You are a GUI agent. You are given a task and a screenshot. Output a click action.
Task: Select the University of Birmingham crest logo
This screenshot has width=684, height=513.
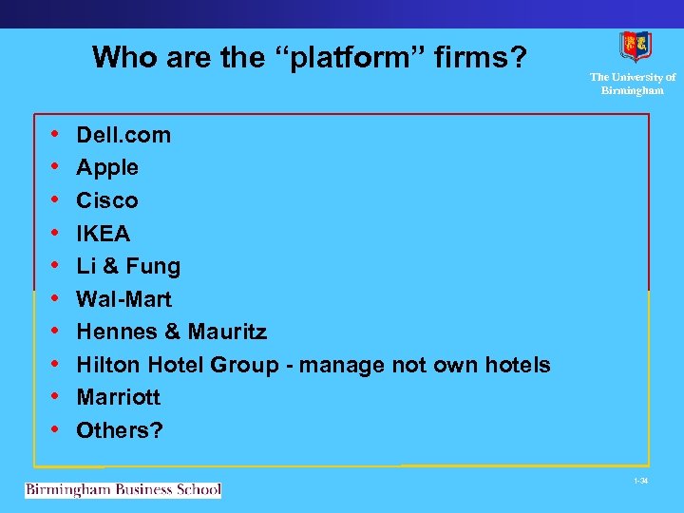(x=635, y=46)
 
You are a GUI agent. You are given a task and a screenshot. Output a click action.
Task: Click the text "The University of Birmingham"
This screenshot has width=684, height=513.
(x=633, y=84)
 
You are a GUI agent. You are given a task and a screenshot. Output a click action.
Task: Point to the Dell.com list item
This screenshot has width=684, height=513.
(x=123, y=135)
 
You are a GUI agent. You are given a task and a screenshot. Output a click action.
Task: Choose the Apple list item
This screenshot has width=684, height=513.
(x=107, y=168)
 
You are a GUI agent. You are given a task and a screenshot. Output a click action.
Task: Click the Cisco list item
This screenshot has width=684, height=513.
(x=107, y=200)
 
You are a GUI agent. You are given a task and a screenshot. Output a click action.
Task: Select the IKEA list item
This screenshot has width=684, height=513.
(x=104, y=234)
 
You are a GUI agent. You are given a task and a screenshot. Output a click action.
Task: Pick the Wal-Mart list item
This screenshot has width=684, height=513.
(x=124, y=299)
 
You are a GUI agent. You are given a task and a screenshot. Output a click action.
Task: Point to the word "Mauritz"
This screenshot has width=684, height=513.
(x=227, y=332)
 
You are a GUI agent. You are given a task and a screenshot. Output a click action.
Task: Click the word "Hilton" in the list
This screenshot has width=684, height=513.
(x=107, y=365)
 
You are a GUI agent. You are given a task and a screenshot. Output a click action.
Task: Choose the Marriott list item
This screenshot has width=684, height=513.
(x=119, y=397)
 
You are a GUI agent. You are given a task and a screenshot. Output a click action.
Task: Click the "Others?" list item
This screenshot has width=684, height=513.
(x=120, y=430)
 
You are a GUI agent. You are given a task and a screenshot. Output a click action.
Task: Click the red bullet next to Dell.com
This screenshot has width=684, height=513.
(x=56, y=135)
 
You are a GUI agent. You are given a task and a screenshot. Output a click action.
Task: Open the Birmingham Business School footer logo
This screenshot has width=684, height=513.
(x=123, y=490)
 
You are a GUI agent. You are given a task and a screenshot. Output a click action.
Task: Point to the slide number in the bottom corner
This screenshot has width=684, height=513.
(x=641, y=481)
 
